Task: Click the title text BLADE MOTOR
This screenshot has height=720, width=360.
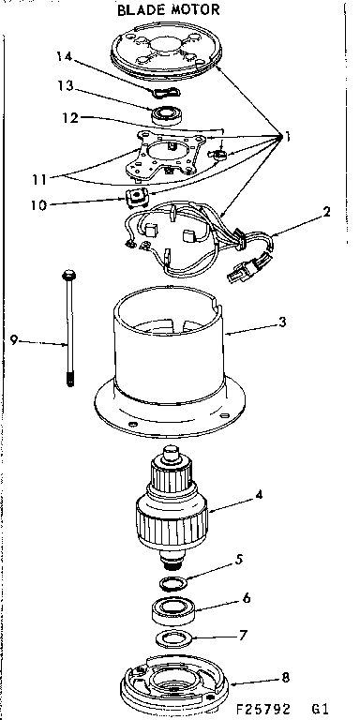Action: (168, 9)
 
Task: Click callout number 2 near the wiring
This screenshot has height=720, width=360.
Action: (325, 212)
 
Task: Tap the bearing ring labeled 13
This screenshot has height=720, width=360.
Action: (170, 116)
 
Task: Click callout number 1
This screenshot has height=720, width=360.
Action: (291, 137)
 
